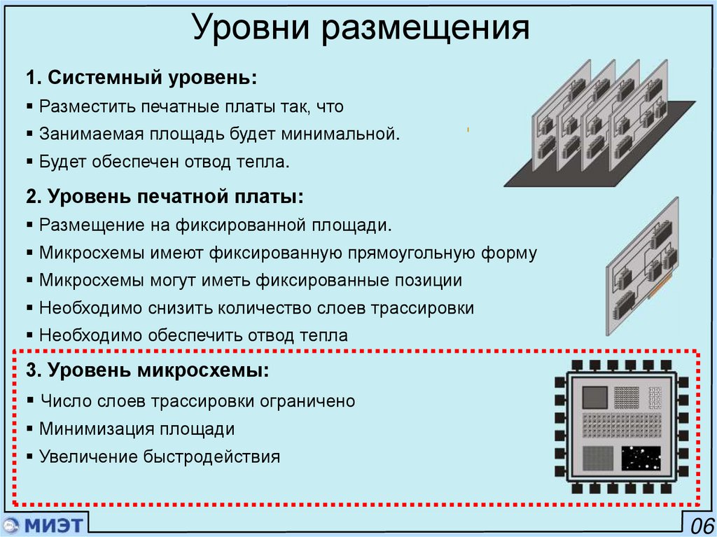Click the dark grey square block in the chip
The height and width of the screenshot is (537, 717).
click(x=595, y=397)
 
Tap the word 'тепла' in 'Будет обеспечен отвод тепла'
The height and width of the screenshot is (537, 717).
click(x=263, y=162)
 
